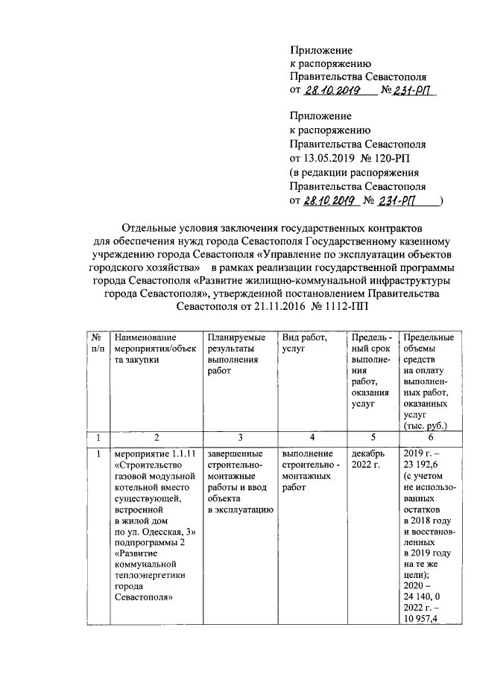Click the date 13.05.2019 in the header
tap(328, 159)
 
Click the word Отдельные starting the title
tap(151, 224)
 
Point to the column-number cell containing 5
tap(370, 437)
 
